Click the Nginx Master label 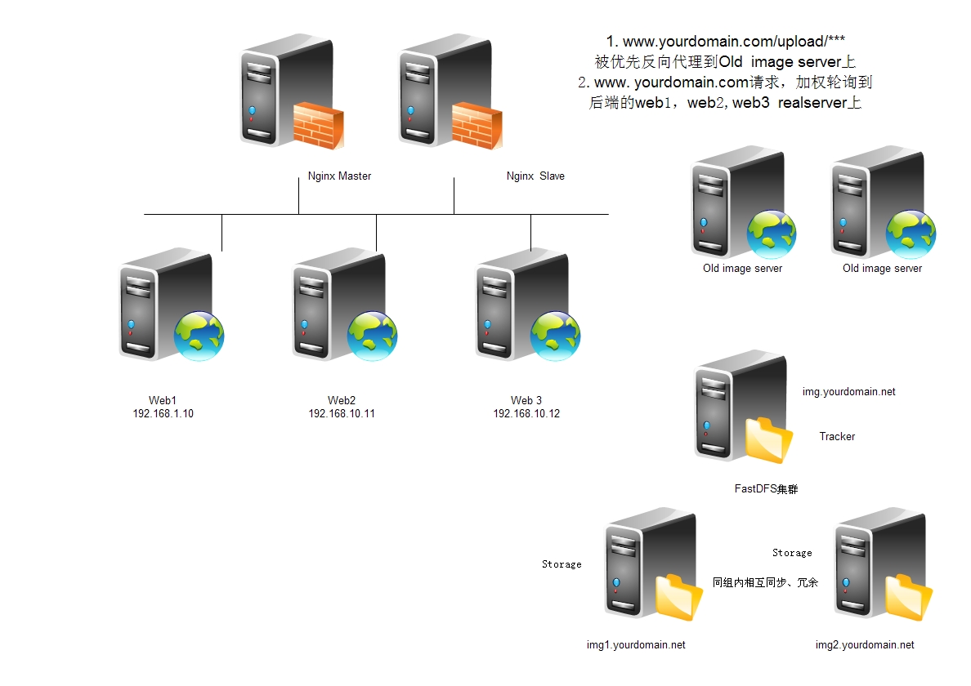pyautogui.click(x=339, y=176)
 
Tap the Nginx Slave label pyautogui.click(x=535, y=176)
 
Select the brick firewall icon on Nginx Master pyautogui.click(x=317, y=125)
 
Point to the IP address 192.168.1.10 pyautogui.click(x=163, y=414)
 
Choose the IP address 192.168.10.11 pyautogui.click(x=342, y=414)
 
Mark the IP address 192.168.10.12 pyautogui.click(x=526, y=414)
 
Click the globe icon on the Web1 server pyautogui.click(x=199, y=336)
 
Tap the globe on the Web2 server pyautogui.click(x=373, y=336)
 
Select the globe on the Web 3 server pyautogui.click(x=556, y=336)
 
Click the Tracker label pyautogui.click(x=837, y=437)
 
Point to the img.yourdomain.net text pyautogui.click(x=849, y=392)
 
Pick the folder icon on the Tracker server pyautogui.click(x=769, y=440)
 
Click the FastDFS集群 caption pyautogui.click(x=766, y=489)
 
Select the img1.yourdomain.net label pyautogui.click(x=636, y=645)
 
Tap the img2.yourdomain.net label pyautogui.click(x=865, y=645)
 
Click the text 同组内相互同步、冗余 pyautogui.click(x=765, y=583)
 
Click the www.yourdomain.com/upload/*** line pyautogui.click(x=731, y=41)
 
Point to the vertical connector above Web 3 pyautogui.click(x=531, y=232)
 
